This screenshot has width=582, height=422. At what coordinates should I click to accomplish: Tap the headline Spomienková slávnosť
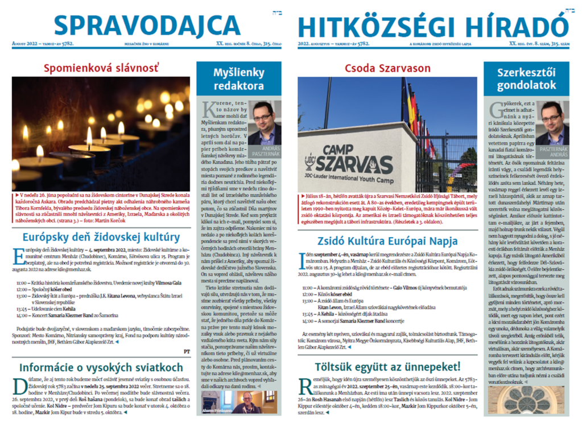101,69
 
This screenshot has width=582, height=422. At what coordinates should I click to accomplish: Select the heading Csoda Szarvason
388,68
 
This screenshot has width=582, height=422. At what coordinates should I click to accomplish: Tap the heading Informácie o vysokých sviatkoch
101,367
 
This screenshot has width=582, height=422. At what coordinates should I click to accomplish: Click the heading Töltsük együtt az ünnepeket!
388,366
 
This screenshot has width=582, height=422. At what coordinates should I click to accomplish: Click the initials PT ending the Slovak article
187,351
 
